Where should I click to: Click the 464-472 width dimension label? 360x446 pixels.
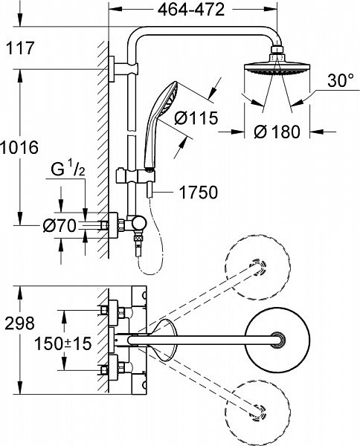(193, 10)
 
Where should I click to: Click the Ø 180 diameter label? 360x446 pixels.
(276, 133)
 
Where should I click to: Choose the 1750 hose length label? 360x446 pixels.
(196, 193)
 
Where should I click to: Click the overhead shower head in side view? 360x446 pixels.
(276, 71)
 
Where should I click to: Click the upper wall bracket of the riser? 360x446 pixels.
(112, 68)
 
